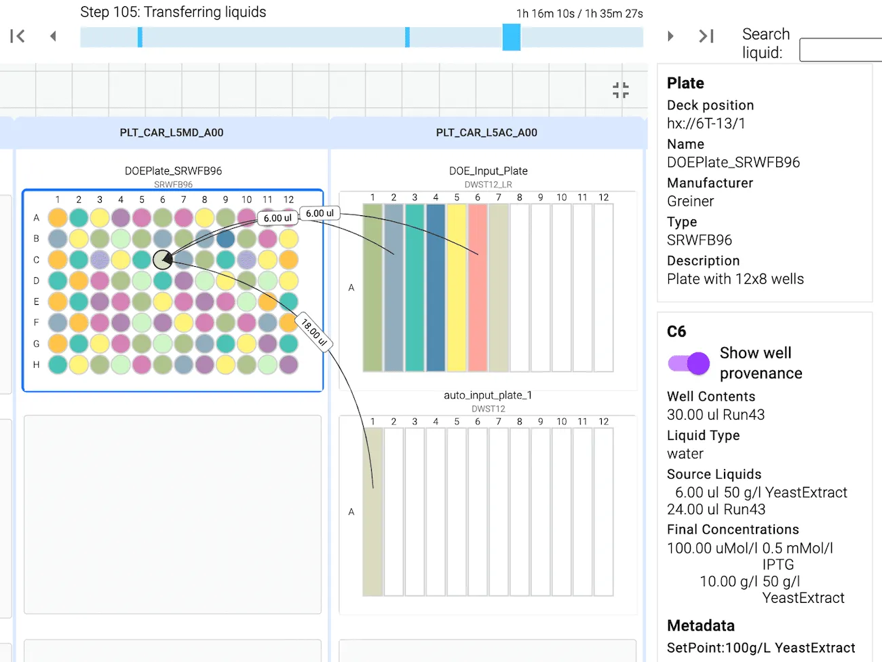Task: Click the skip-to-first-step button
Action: pos(18,36)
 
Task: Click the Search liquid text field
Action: pos(841,50)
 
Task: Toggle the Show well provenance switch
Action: pos(689,364)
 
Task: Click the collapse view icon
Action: pos(620,90)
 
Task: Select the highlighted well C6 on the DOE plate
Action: pos(162,259)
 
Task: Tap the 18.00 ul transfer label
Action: pos(314,333)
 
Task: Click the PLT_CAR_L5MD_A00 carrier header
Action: pos(172,132)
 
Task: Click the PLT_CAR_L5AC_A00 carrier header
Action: pos(486,132)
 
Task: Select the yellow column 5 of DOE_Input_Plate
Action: pos(457,287)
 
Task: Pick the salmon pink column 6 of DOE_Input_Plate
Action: pos(478,287)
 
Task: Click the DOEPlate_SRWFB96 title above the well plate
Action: pos(173,171)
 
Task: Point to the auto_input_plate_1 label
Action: pos(488,395)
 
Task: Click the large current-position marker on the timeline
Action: pos(512,37)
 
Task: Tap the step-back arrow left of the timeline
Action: pos(53,36)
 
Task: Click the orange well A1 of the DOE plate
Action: pos(58,217)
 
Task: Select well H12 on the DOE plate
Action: pos(288,365)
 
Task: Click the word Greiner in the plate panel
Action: pos(690,201)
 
